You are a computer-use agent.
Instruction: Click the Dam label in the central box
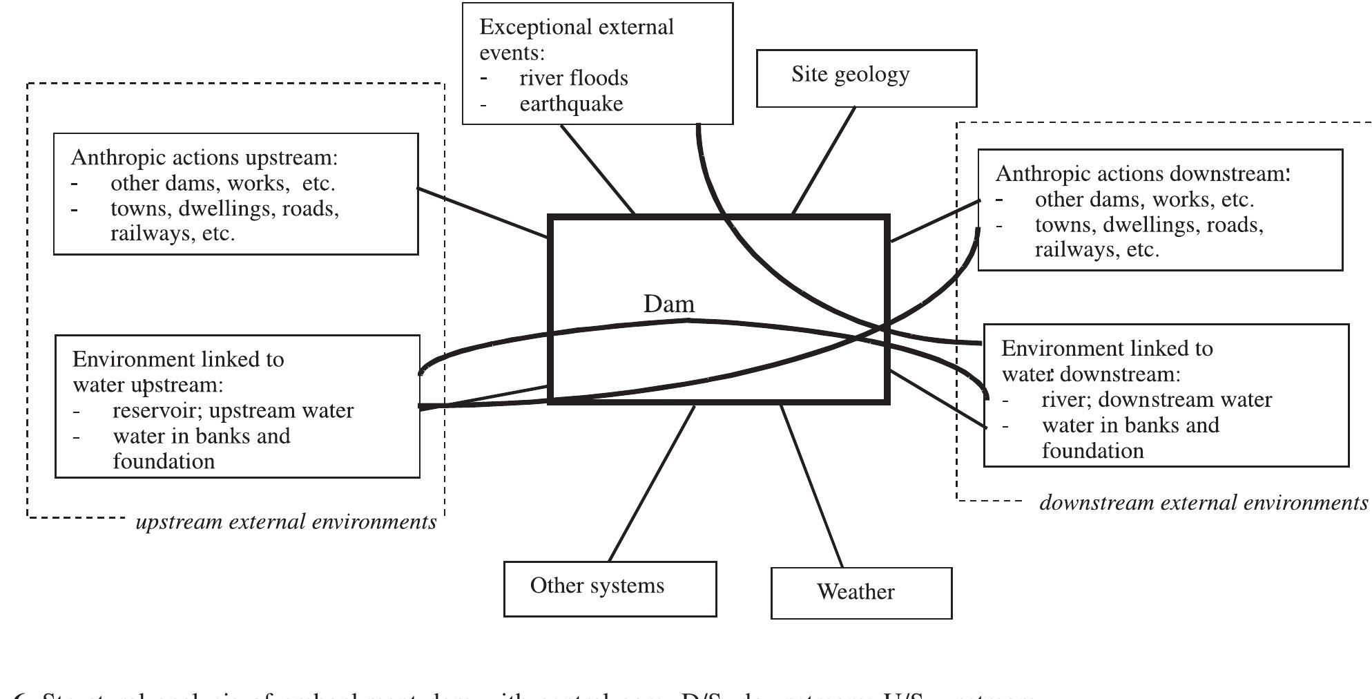668,304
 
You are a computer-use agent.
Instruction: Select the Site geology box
866,78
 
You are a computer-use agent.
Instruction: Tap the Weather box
860,593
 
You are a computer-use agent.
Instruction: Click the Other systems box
610,588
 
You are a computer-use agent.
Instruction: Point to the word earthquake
571,104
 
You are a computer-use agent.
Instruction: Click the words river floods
573,78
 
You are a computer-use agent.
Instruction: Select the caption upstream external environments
286,521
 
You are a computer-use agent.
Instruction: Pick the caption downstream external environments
1203,503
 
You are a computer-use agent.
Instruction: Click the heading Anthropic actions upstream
204,157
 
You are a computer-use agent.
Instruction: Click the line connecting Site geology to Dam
824,160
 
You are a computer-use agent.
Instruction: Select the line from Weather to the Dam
811,486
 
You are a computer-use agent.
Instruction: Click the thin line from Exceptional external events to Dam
597,169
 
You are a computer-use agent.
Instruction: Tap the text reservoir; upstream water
233,411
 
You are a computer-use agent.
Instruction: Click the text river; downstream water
1156,400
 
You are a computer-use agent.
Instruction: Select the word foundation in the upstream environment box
164,461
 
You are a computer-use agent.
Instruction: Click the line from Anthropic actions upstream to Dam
483,212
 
